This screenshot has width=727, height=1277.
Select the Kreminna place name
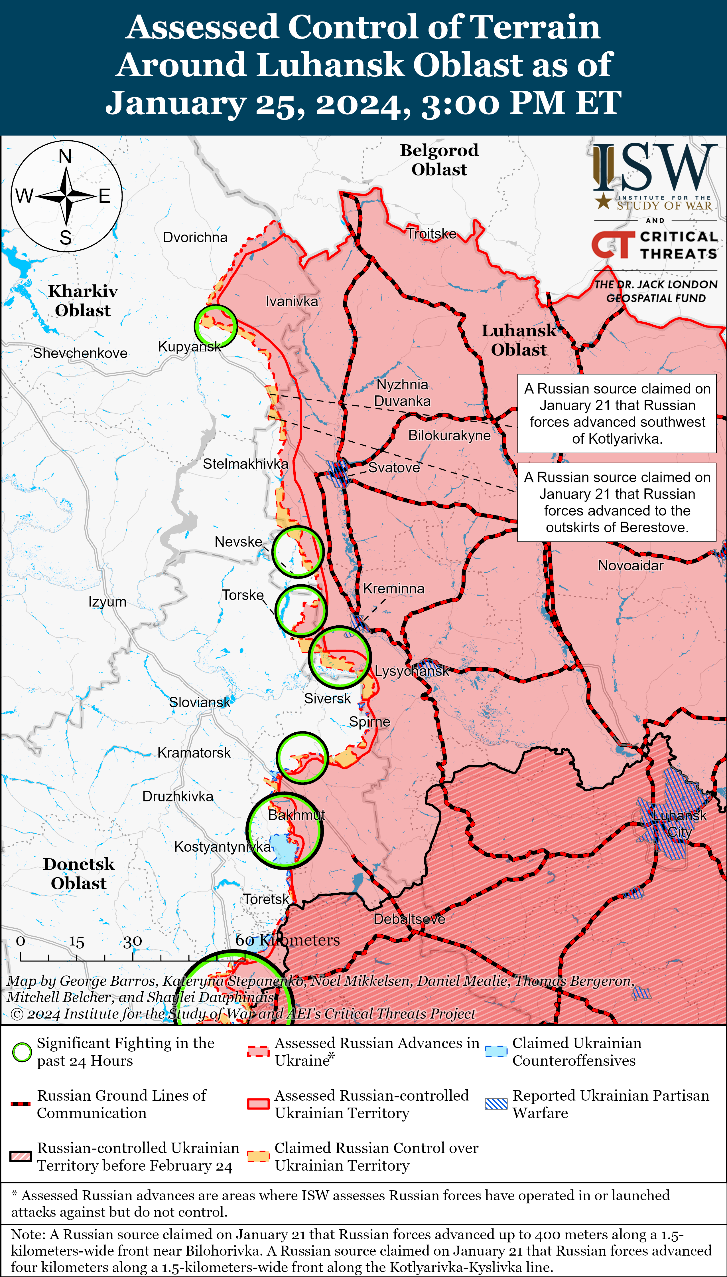click(393, 589)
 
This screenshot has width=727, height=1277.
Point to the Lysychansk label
click(412, 671)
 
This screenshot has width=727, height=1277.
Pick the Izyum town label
click(107, 601)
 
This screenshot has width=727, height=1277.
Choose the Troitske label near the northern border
click(431, 234)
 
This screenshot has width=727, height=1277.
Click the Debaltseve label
click(409, 919)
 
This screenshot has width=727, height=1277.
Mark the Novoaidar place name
click(631, 565)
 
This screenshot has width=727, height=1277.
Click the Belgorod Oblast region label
click(439, 160)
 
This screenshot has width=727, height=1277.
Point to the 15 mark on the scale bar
click(76, 942)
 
